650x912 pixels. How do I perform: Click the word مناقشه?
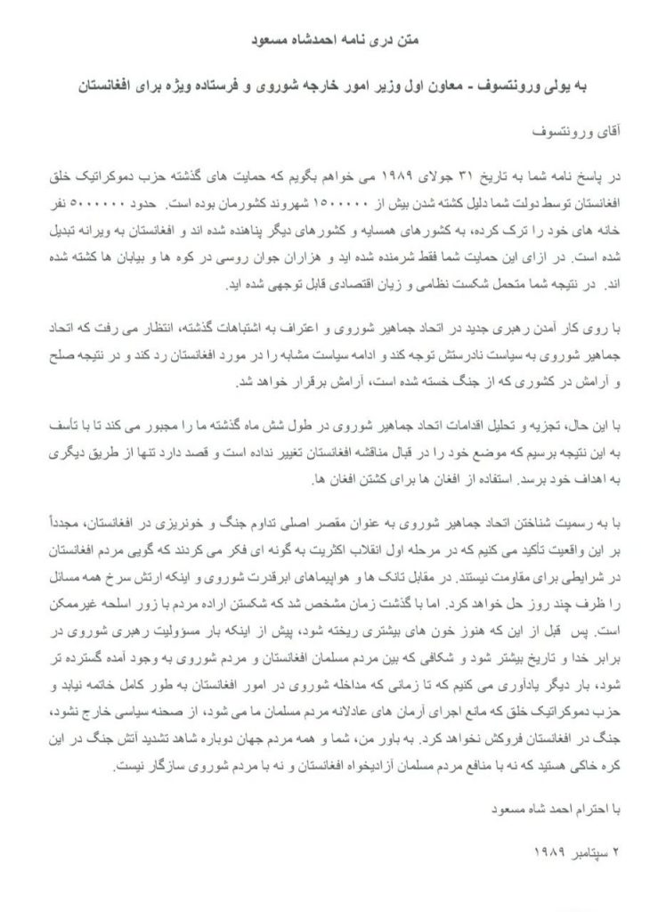tap(338, 434)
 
